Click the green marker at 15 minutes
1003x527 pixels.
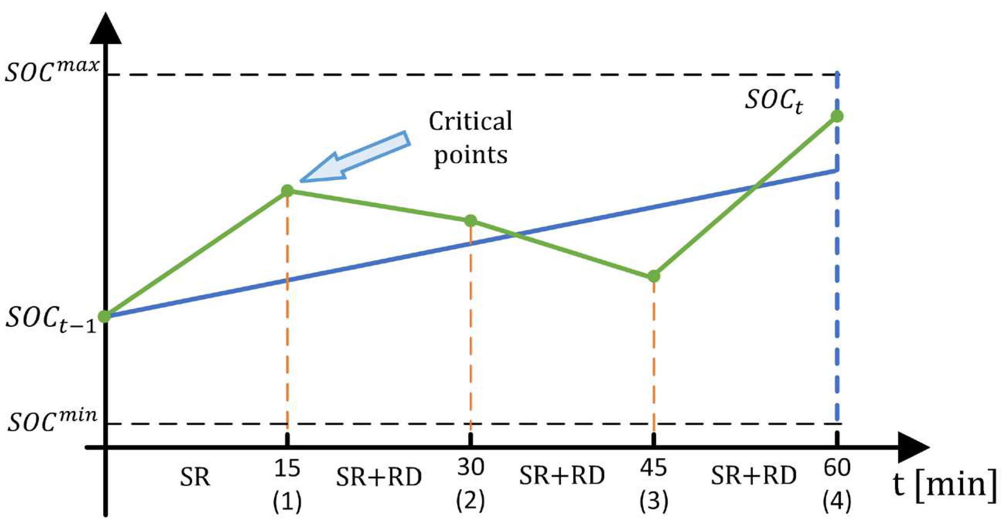coord(287,191)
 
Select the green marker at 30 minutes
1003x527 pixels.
coord(471,221)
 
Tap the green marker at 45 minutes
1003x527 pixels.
coord(654,276)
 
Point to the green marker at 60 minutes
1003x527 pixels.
coord(837,116)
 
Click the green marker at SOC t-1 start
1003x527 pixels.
coord(104,316)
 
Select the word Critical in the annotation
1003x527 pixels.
coord(470,121)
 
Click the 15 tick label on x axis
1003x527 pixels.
coord(287,468)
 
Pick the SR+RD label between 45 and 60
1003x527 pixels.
coord(754,475)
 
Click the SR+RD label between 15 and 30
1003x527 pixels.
coord(379,477)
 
